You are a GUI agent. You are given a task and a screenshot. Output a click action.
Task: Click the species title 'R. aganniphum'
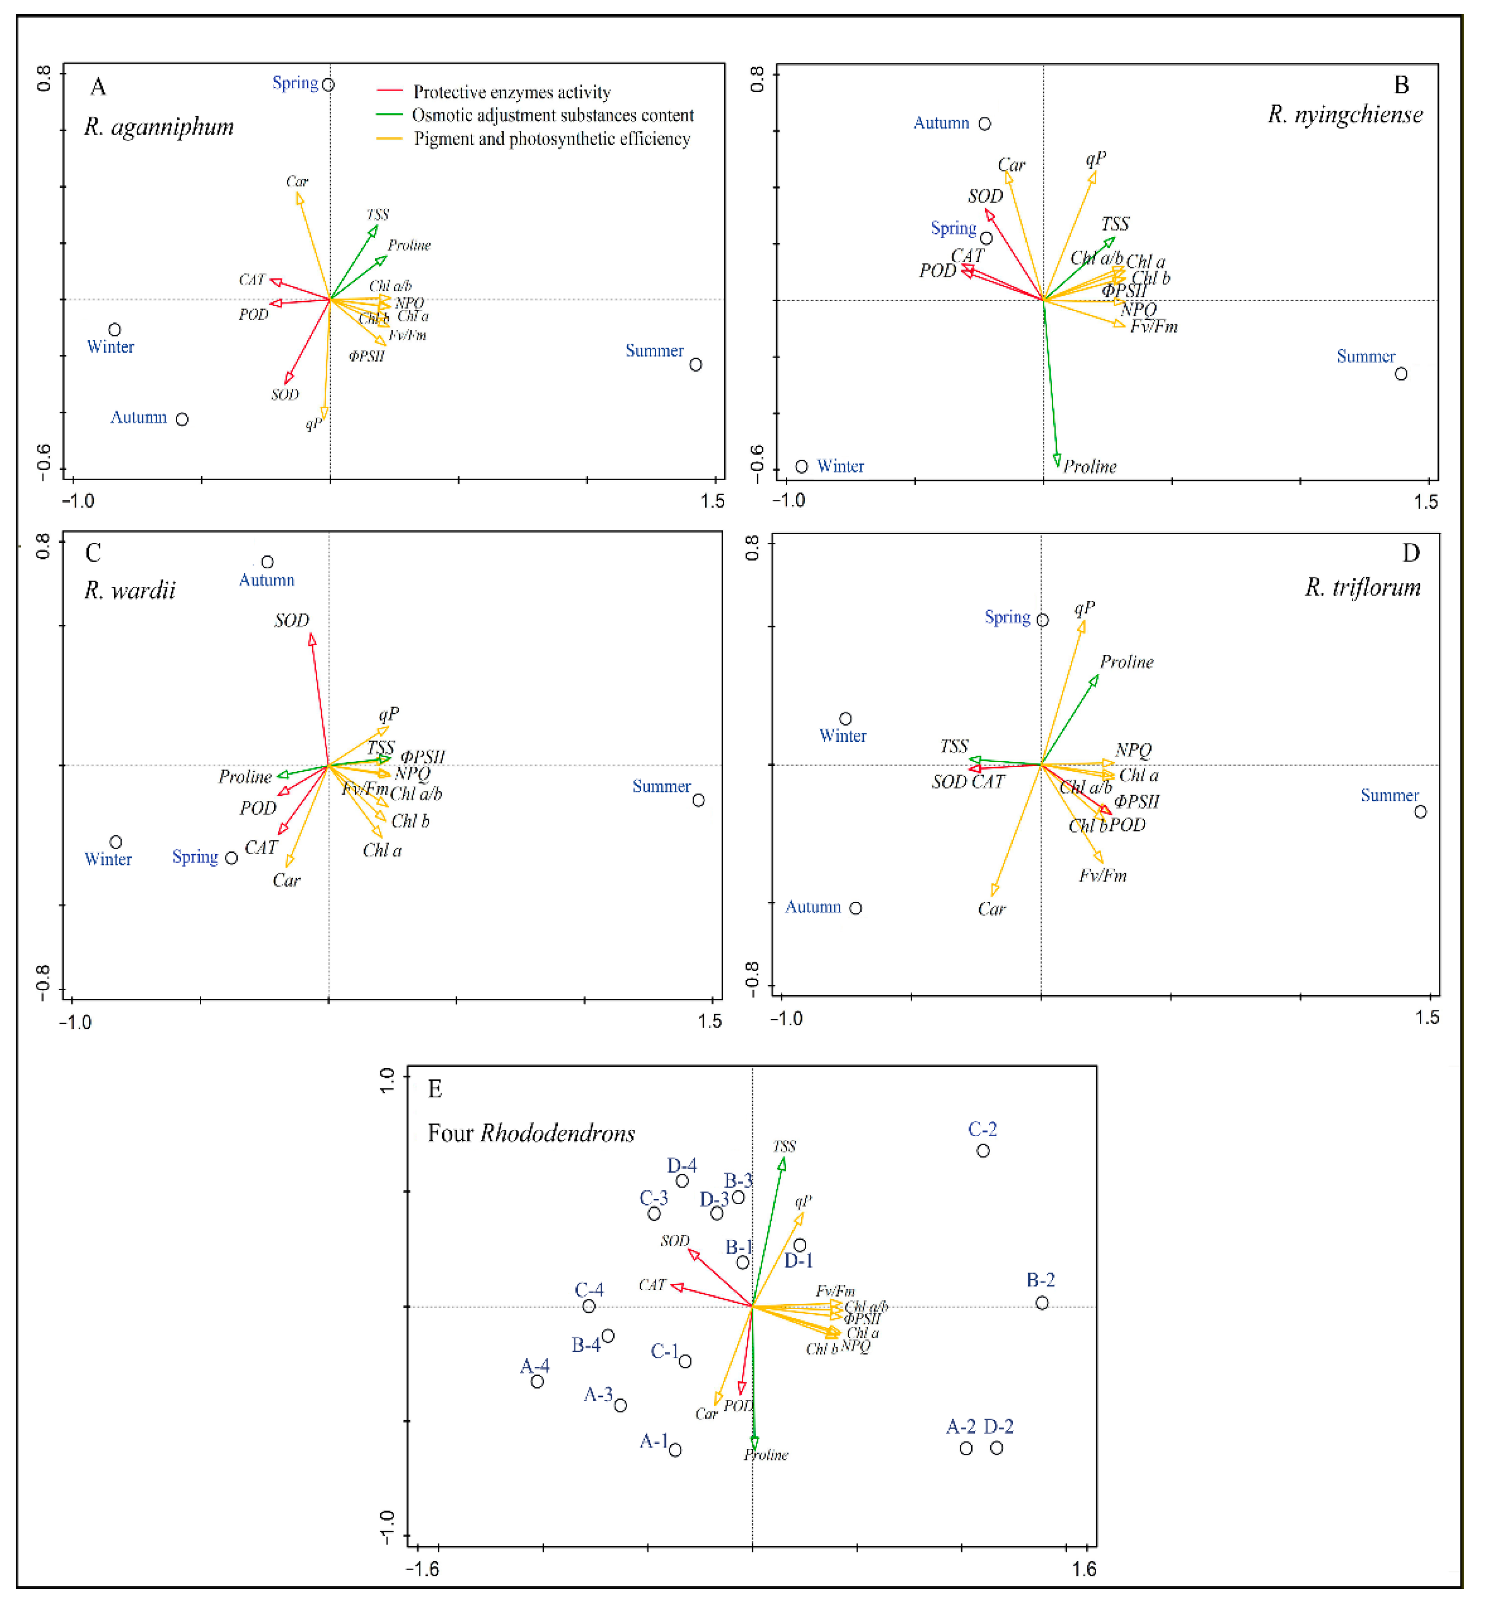click(159, 127)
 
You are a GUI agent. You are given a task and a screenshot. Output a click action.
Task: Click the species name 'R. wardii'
click(130, 591)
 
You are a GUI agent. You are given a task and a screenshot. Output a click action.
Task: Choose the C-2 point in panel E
click(983, 1151)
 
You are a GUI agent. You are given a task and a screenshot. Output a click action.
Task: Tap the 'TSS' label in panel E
click(784, 1146)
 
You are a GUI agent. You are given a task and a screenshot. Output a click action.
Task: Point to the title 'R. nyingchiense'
click(1345, 115)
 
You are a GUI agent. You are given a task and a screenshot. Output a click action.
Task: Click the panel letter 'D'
click(1411, 553)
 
